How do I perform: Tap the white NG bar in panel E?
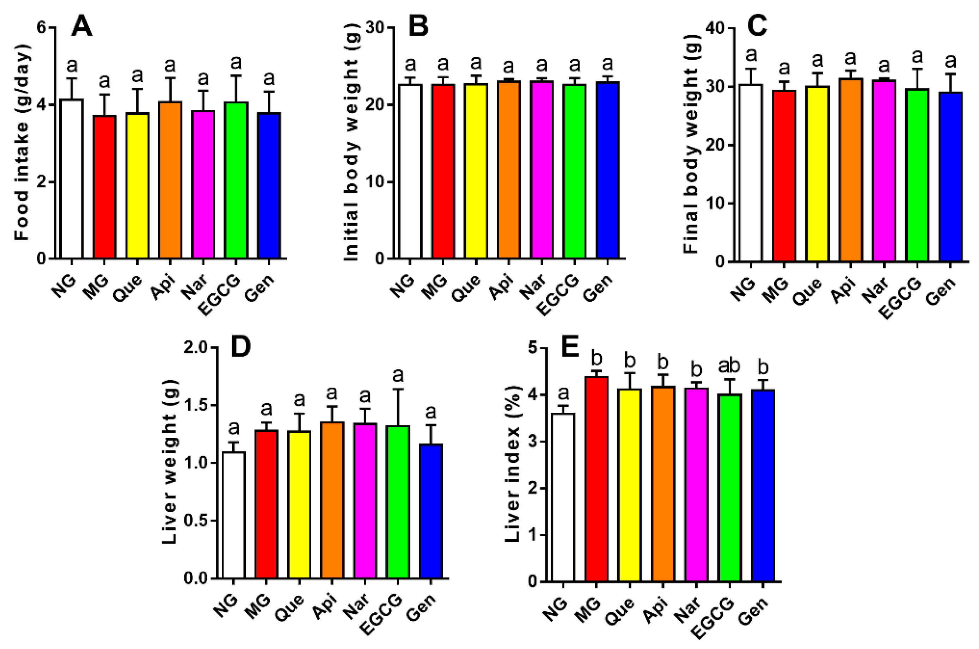[563, 497]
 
